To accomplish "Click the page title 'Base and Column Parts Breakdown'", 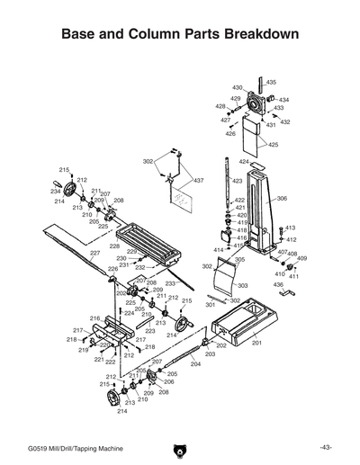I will (x=179, y=35).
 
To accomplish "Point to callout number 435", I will (x=271, y=83).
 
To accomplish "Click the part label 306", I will (x=282, y=198).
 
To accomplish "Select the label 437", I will (x=199, y=181).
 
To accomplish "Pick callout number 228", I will (x=114, y=246).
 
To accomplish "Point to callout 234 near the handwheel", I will (x=56, y=192).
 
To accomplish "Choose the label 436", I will (x=278, y=284).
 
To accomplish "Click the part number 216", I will (x=94, y=318).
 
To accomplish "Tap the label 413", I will (x=290, y=228).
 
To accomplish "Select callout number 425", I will (x=273, y=145).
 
